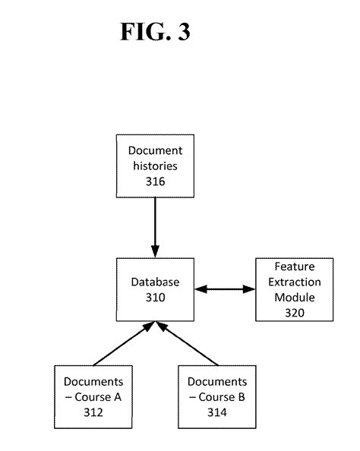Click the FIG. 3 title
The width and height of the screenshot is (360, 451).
(x=154, y=31)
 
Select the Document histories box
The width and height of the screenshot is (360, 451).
(x=155, y=166)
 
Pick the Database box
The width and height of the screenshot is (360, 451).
(x=155, y=289)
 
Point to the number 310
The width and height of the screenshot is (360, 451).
(x=155, y=297)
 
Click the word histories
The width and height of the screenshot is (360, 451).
(x=155, y=166)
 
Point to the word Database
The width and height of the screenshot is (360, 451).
(x=155, y=282)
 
